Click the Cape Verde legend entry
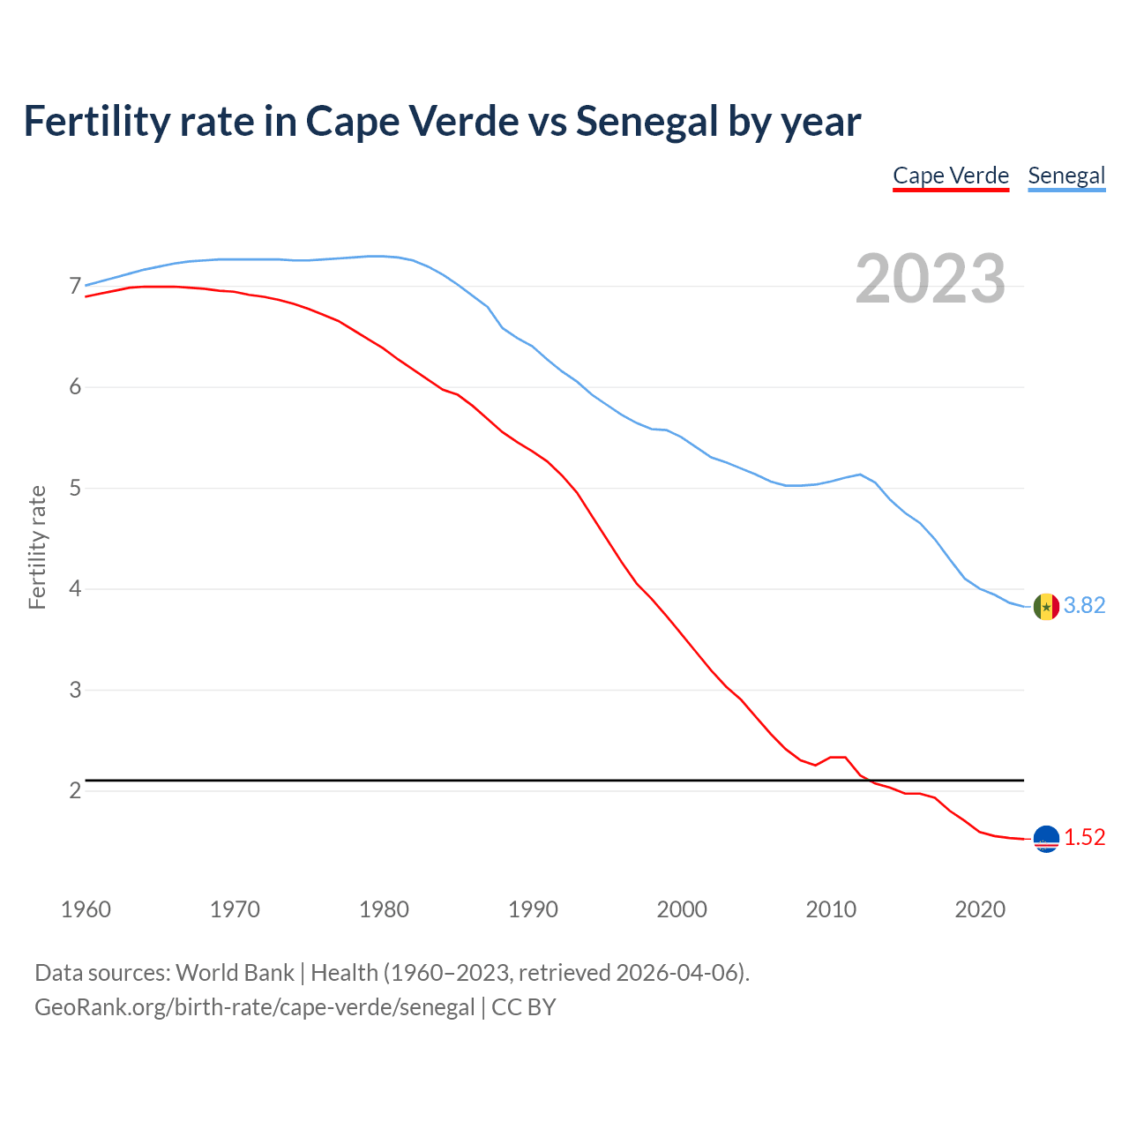pyautogui.click(x=950, y=176)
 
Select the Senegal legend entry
pyautogui.click(x=1066, y=176)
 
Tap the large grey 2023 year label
pyautogui.click(x=931, y=279)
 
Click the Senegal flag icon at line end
pyautogui.click(x=1046, y=607)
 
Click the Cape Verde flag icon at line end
pyautogui.click(x=1046, y=839)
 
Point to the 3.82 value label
pyautogui.click(x=1084, y=605)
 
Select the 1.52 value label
pyautogui.click(x=1084, y=837)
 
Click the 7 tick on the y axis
pyautogui.click(x=74, y=287)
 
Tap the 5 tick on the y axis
pyautogui.click(x=74, y=488)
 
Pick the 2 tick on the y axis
pyautogui.click(x=74, y=791)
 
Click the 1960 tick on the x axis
pyautogui.click(x=86, y=909)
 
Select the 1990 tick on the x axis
pyautogui.click(x=533, y=909)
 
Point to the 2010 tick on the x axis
pyautogui.click(x=831, y=909)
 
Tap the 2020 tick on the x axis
pyautogui.click(x=980, y=909)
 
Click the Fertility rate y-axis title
pyautogui.click(x=37, y=547)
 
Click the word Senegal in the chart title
pyautogui.click(x=647, y=121)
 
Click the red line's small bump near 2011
pyautogui.click(x=837, y=757)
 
